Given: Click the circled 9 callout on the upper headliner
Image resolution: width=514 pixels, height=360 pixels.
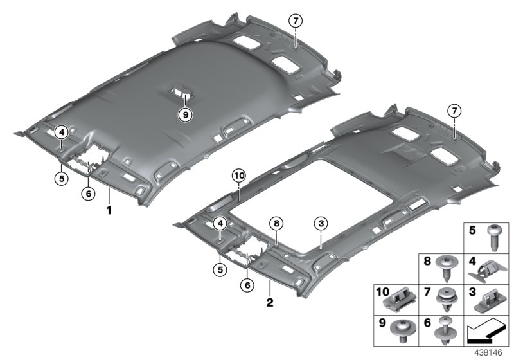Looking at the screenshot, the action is [x=185, y=115].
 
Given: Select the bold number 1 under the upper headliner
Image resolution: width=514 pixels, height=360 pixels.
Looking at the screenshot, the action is [x=109, y=210].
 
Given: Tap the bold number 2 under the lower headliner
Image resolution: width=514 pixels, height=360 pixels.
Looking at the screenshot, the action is [x=270, y=302].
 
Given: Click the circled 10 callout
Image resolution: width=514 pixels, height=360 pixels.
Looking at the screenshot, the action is [x=238, y=175].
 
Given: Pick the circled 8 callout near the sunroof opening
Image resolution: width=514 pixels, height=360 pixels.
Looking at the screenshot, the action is [x=276, y=224].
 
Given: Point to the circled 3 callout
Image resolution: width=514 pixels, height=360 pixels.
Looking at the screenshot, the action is [x=321, y=224].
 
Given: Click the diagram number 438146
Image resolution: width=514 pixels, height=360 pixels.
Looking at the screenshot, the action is [x=488, y=352].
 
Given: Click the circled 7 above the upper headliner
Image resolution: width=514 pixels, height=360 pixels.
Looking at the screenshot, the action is [x=296, y=21].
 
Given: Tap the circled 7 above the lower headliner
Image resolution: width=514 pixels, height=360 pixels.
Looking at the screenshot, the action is [x=454, y=111].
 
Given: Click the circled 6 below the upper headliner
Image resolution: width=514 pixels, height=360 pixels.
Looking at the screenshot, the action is [x=88, y=194].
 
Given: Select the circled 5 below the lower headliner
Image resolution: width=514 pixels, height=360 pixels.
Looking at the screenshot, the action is [x=220, y=269].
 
